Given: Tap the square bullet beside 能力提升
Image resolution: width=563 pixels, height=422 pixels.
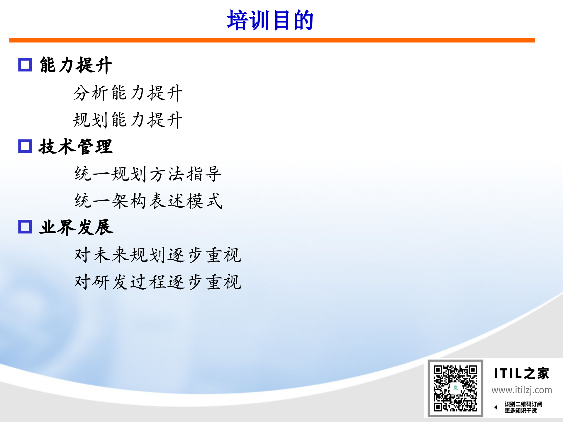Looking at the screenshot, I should pyautogui.click(x=25, y=64).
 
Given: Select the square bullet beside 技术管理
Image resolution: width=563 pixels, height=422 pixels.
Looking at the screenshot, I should pyautogui.click(x=25, y=146).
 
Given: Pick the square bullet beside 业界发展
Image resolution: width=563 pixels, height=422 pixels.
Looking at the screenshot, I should pyautogui.click(x=25, y=227).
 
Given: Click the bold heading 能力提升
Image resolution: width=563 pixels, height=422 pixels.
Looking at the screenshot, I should pyautogui.click(x=76, y=65).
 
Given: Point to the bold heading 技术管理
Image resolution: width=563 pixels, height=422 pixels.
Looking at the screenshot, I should pyautogui.click(x=76, y=146).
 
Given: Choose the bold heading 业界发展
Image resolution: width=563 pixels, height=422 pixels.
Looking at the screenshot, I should pyautogui.click(x=76, y=227).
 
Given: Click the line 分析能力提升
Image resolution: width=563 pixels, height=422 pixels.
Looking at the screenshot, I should pyautogui.click(x=128, y=93).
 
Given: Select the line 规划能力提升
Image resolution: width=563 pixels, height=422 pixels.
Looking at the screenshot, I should pyautogui.click(x=128, y=120).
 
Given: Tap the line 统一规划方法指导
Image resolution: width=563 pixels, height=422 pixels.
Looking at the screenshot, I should pyautogui.click(x=148, y=174).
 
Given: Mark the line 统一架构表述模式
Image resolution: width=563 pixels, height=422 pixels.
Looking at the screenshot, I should pyautogui.click(x=148, y=201).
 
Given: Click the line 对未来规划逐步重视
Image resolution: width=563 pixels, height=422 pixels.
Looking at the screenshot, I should pyautogui.click(x=157, y=255).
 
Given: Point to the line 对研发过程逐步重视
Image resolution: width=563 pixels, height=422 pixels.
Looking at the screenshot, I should pyautogui.click(x=157, y=282).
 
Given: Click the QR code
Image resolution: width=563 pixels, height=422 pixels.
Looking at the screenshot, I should pyautogui.click(x=455, y=388).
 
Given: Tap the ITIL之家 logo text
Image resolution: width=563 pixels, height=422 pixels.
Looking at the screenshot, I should pyautogui.click(x=521, y=373).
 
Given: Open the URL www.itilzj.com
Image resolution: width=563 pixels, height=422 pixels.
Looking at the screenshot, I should pyautogui.click(x=522, y=390).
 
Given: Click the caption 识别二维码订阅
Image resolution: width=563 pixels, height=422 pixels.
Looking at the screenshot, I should pyautogui.click(x=523, y=404).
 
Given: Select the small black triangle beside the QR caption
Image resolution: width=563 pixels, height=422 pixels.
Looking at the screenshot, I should pyautogui.click(x=496, y=407).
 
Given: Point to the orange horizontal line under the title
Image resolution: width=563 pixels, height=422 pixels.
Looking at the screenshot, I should pyautogui.click(x=272, y=40).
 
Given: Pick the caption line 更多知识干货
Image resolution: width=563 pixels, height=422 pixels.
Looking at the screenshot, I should pyautogui.click(x=521, y=411).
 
